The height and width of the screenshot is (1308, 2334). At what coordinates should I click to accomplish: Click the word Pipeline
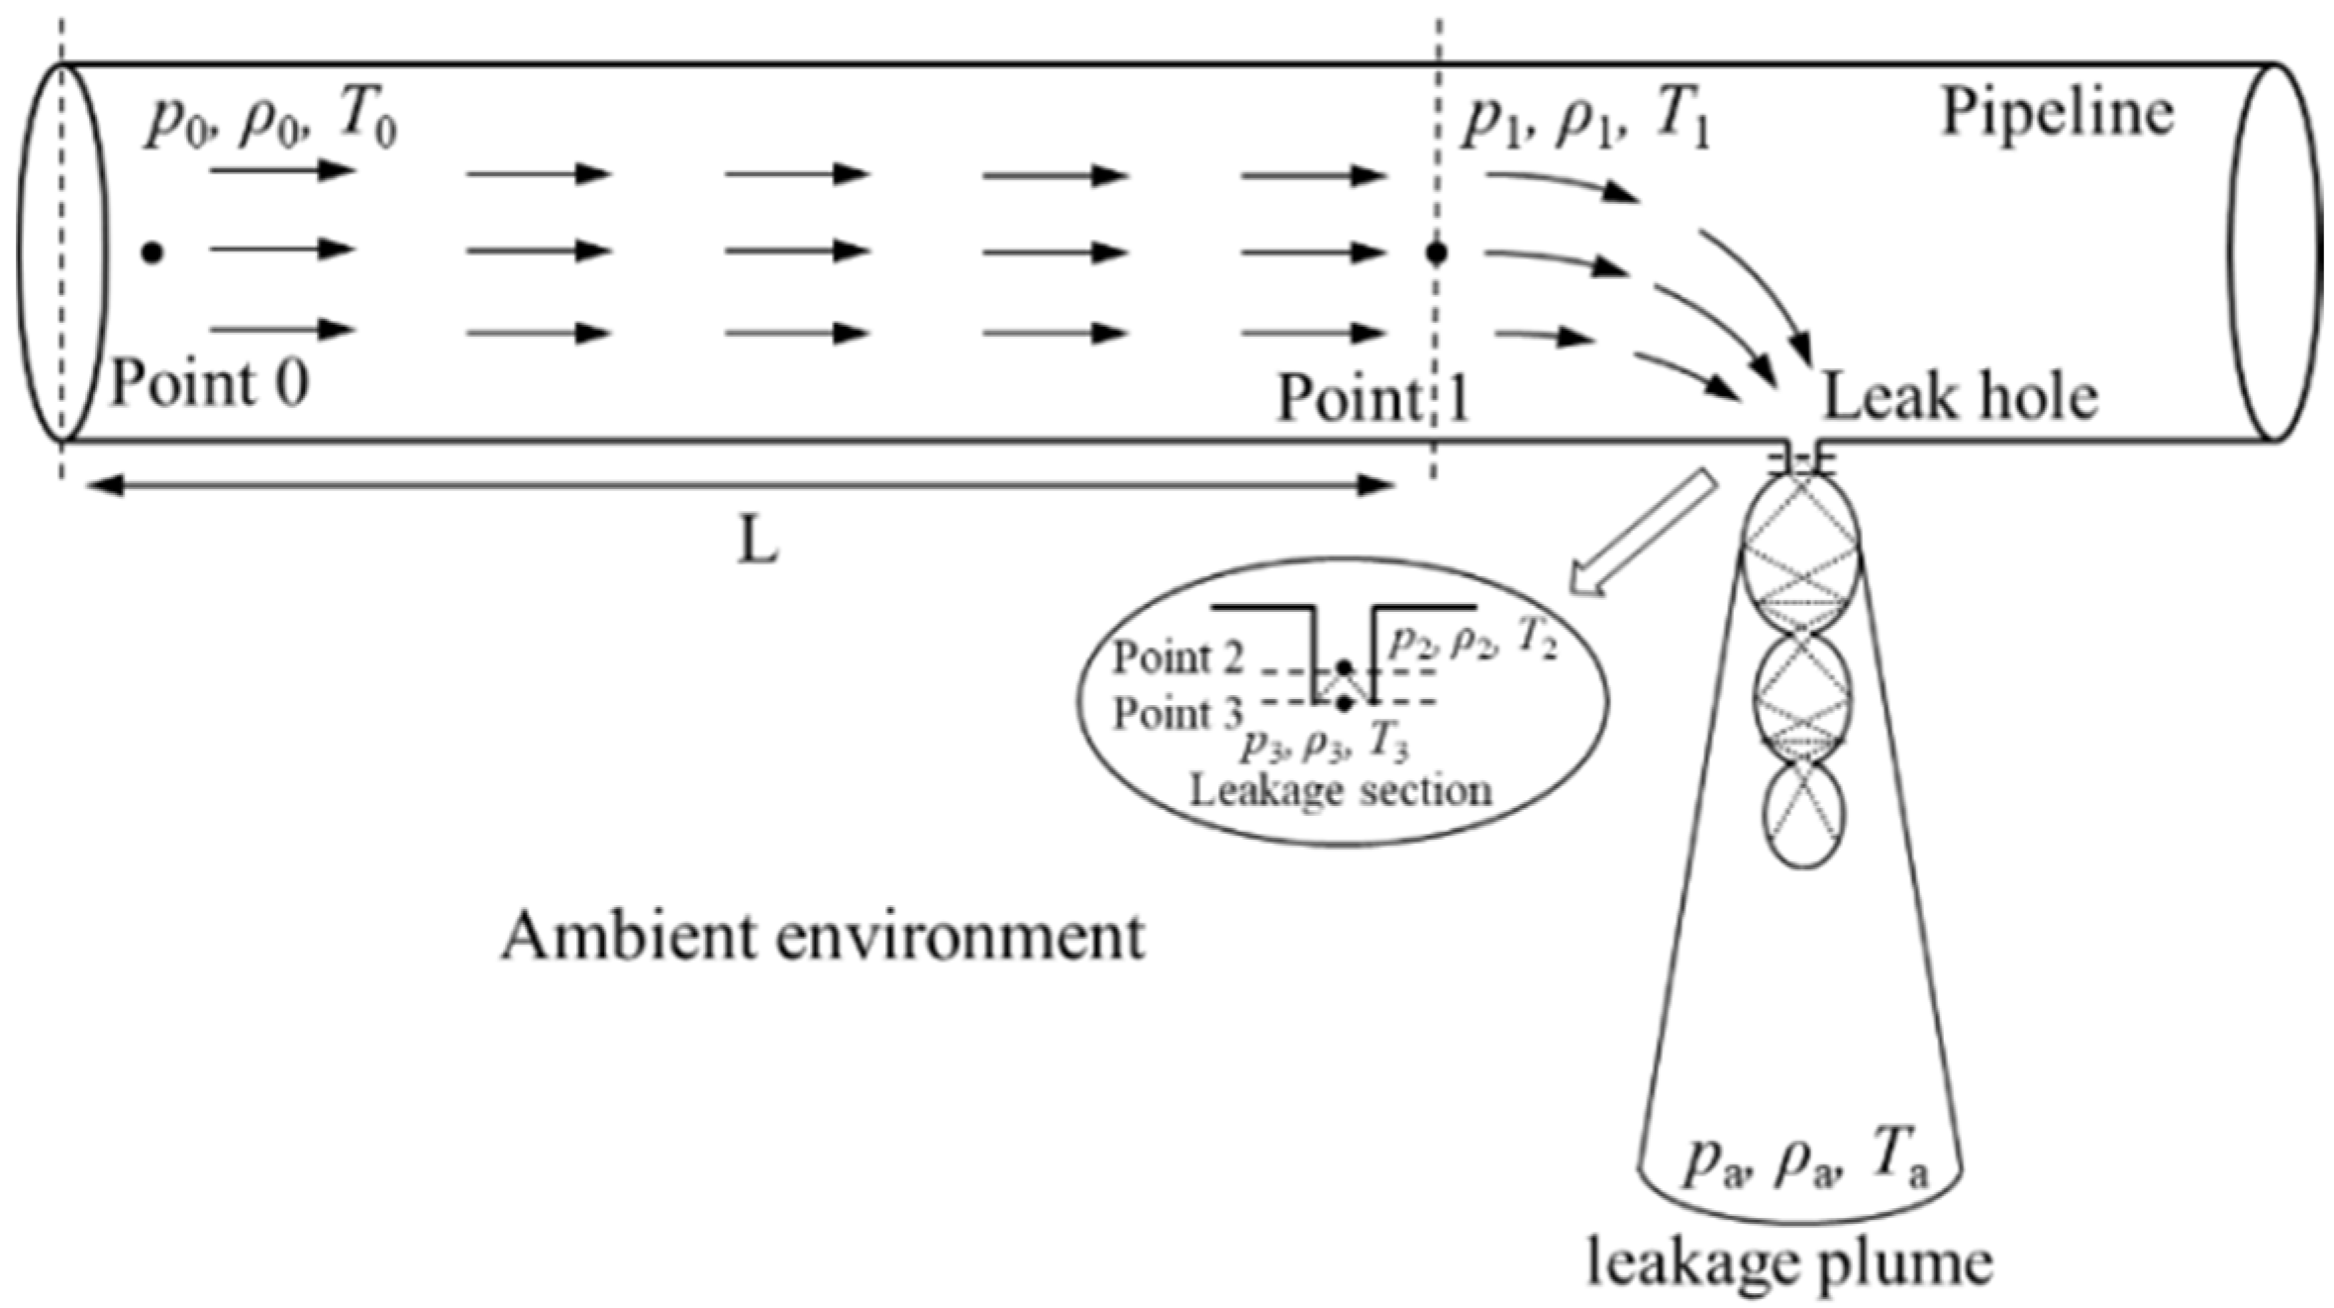pos(2056,113)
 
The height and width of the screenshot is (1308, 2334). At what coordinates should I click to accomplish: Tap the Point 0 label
pos(209,383)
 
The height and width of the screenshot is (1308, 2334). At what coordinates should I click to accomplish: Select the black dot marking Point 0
pos(152,252)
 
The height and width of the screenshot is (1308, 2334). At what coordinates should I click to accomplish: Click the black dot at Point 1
pos(1436,253)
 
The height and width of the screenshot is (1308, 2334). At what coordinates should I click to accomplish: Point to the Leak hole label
pos(1960,397)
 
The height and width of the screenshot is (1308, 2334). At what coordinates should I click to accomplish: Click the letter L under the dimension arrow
pos(758,543)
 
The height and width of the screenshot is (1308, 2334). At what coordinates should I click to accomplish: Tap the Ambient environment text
pos(822,936)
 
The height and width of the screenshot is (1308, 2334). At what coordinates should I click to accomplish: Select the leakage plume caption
pos(1789,1262)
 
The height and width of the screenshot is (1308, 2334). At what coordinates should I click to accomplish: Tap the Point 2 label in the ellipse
pos(1176,657)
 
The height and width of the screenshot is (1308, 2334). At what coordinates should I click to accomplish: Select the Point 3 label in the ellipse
pos(1176,714)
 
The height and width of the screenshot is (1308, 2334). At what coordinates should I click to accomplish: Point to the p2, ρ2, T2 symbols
pos(1472,642)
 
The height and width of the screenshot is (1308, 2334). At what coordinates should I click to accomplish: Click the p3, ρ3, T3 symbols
pos(1325,744)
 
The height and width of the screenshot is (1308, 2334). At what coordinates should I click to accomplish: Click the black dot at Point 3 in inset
pos(1344,704)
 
